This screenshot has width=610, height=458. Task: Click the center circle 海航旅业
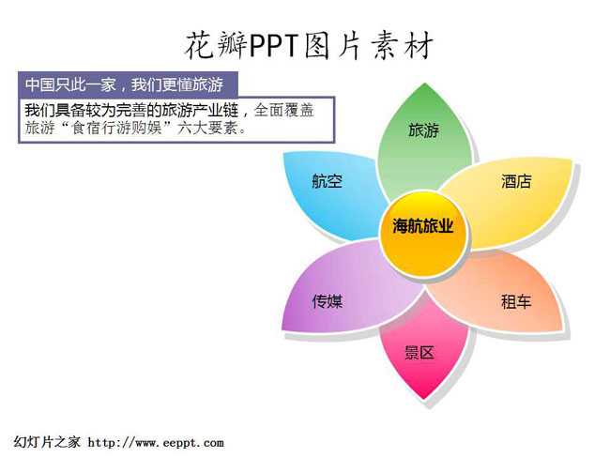pyautogui.click(x=423, y=234)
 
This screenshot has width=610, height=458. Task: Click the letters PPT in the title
pyautogui.click(x=273, y=46)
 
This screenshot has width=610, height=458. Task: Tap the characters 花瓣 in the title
pyautogui.click(x=216, y=46)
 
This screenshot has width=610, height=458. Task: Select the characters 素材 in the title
pyautogui.click(x=403, y=46)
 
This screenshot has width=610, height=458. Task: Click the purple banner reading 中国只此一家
pyautogui.click(x=128, y=84)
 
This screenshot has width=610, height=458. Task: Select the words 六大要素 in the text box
pyautogui.click(x=207, y=128)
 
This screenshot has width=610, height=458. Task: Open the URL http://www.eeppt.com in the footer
pyautogui.click(x=156, y=442)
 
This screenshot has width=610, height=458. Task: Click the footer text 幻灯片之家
pyautogui.click(x=47, y=442)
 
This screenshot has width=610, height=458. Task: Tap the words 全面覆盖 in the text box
pyautogui.click(x=284, y=110)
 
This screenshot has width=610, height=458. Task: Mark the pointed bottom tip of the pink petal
pyautogui.click(x=424, y=400)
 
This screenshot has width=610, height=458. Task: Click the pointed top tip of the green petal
pyautogui.click(x=425, y=83)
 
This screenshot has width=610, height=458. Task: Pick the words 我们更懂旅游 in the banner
pyautogui.click(x=177, y=84)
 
